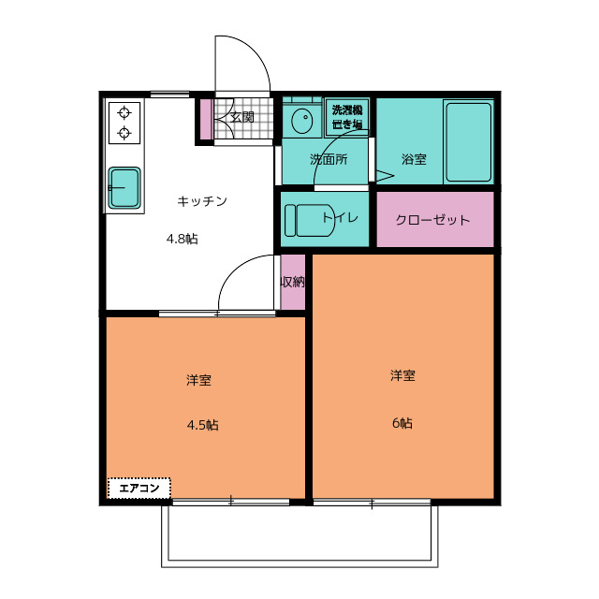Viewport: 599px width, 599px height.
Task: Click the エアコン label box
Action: pyautogui.click(x=139, y=488)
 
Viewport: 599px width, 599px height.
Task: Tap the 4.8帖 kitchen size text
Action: pyautogui.click(x=183, y=240)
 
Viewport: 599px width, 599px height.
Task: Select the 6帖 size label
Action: pyautogui.click(x=402, y=423)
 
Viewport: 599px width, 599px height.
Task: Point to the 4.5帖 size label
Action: pyautogui.click(x=203, y=425)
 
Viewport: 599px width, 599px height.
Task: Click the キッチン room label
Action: pyautogui.click(x=202, y=201)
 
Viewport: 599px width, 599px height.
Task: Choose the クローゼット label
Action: pyautogui.click(x=432, y=220)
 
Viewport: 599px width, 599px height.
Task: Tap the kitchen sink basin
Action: pyautogui.click(x=124, y=188)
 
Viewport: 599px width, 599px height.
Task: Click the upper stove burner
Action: pyautogui.click(x=124, y=113)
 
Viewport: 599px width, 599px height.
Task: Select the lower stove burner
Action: pyautogui.click(x=124, y=133)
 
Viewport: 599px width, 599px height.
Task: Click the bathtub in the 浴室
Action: pyautogui.click(x=468, y=142)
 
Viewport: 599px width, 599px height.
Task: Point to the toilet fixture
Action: pyautogui.click(x=310, y=221)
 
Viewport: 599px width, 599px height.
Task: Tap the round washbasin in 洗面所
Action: pyautogui.click(x=301, y=121)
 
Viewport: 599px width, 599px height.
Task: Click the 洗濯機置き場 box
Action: pyautogui.click(x=347, y=118)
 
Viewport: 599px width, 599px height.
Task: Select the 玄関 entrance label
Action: pyautogui.click(x=242, y=117)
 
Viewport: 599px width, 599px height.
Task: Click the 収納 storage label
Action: pyautogui.click(x=293, y=282)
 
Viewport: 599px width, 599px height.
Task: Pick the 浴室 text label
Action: pyautogui.click(x=414, y=159)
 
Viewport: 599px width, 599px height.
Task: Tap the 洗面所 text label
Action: pyautogui.click(x=329, y=159)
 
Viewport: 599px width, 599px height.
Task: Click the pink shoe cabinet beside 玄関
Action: pyautogui.click(x=206, y=119)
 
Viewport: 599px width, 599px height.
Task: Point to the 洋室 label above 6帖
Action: pyautogui.click(x=402, y=375)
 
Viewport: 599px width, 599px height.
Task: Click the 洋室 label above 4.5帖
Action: pyautogui.click(x=198, y=380)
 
